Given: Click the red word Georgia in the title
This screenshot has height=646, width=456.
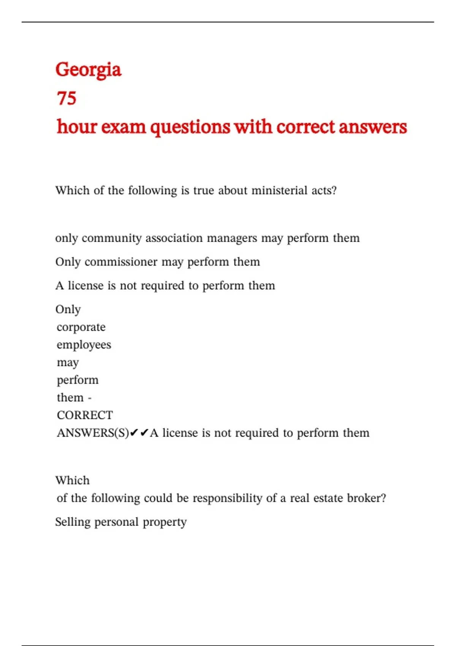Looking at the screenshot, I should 88,70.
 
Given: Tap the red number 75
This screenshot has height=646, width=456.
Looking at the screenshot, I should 66,98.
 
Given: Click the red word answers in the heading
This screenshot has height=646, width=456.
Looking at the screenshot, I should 372,127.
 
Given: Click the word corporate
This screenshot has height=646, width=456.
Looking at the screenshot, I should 81,327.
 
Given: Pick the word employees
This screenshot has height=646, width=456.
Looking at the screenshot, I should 84,345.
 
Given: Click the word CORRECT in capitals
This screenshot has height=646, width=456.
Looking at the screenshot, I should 85,415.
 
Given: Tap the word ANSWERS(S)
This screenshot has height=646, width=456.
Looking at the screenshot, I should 93,433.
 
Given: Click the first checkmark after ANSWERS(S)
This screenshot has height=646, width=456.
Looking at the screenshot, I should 134,433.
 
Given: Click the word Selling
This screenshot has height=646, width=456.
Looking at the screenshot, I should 73,522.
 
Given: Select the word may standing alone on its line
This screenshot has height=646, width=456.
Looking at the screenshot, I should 68,363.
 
